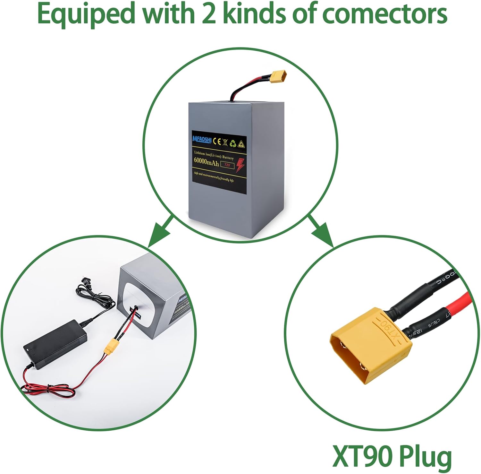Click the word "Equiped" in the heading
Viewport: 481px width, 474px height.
pyautogui.click(x=86, y=14)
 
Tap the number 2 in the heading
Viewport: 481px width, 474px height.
pyautogui.click(x=209, y=14)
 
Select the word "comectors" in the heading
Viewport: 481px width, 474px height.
pyautogui.click(x=384, y=14)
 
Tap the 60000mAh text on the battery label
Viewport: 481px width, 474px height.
pyautogui.click(x=206, y=162)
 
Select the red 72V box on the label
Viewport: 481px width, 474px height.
pyautogui.click(x=227, y=165)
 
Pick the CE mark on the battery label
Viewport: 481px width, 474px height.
pyautogui.click(x=217, y=141)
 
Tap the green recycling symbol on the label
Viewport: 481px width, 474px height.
pyautogui.click(x=233, y=143)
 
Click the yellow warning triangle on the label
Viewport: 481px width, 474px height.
pyautogui.click(x=241, y=145)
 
